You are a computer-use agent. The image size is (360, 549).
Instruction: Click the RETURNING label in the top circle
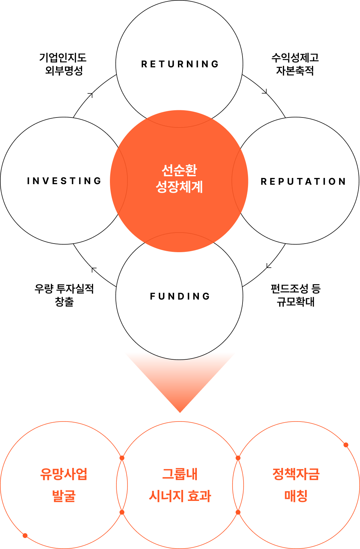tap(180, 64)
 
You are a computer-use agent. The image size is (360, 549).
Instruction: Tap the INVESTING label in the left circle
tap(64, 181)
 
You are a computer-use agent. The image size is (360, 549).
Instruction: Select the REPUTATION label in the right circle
tap(303, 181)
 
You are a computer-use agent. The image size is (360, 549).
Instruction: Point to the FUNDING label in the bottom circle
tap(180, 296)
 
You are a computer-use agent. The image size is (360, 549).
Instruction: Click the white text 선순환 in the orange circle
tap(179, 170)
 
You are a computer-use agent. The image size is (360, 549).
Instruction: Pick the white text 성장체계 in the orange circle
tap(179, 187)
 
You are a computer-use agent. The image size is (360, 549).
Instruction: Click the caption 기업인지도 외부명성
tap(63, 64)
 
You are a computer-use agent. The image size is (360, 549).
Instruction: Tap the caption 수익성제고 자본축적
tap(295, 64)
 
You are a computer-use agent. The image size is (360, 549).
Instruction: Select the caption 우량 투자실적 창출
tap(64, 295)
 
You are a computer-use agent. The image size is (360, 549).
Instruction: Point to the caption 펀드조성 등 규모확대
tap(295, 295)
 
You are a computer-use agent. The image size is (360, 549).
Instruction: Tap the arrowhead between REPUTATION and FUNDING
tap(268, 266)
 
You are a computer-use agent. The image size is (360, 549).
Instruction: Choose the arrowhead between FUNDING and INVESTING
tap(93, 269)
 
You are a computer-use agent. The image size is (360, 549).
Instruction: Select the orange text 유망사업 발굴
tap(64, 485)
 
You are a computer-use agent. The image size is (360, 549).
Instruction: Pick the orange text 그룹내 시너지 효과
tap(180, 485)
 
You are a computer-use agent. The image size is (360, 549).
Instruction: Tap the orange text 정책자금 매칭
tap(296, 485)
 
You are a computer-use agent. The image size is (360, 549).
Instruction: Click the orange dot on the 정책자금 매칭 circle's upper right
tap(346, 445)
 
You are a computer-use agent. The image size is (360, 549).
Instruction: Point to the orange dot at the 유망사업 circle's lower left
tap(25, 536)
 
